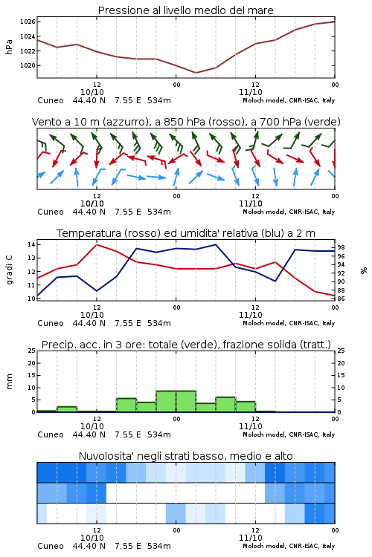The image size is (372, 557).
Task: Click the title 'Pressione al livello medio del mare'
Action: pos(185,10)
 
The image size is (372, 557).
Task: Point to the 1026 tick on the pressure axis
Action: pos(28,22)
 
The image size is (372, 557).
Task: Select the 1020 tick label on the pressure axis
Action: pos(28,65)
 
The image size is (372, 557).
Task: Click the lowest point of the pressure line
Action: pos(196,73)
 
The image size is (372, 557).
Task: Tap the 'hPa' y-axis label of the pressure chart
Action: pos(9,47)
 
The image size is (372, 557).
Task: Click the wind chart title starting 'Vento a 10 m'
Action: pos(186,122)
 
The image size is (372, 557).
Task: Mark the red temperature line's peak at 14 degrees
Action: pos(97,244)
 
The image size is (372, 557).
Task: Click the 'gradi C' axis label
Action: pos(9,270)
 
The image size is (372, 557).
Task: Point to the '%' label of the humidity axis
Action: pos(364,270)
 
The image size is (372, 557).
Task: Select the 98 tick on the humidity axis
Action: pos(341,247)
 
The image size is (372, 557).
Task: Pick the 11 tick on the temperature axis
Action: pos(31,285)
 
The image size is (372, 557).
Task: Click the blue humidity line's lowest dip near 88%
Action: pos(97,291)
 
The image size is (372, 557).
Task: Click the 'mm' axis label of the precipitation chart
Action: pos(9,382)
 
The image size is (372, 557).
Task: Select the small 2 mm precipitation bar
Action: pos(67,409)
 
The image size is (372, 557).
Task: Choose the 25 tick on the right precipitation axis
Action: pos(341,351)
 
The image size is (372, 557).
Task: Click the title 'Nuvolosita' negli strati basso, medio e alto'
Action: pos(185,456)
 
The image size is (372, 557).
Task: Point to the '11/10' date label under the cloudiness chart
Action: pos(251,538)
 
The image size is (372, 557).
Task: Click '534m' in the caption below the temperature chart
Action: pos(159,323)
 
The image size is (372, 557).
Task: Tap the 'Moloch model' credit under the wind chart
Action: pos(264,212)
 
